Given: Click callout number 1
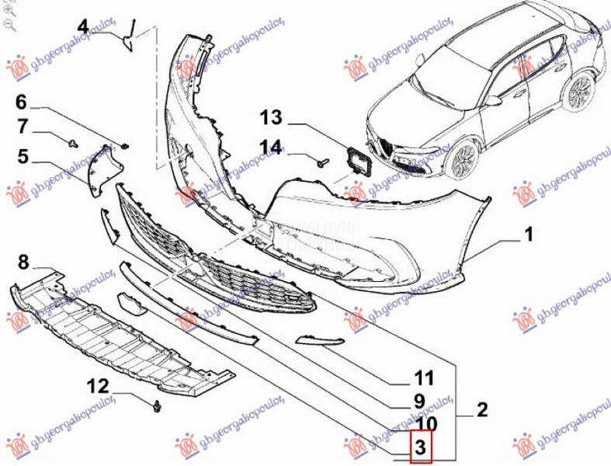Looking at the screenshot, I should pyautogui.click(x=527, y=232).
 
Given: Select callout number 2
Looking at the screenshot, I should pyautogui.click(x=481, y=409).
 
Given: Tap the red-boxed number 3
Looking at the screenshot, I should pyautogui.click(x=419, y=447).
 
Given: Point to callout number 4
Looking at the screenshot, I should pyautogui.click(x=83, y=26).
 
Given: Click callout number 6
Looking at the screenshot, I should pyautogui.click(x=21, y=102).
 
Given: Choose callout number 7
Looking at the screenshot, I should pyautogui.click(x=23, y=126).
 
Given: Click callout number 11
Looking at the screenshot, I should pyautogui.click(x=423, y=379).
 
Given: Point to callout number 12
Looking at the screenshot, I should pyautogui.click(x=99, y=385).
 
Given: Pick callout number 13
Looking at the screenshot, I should pyautogui.click(x=271, y=118).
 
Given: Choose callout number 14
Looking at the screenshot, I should pyautogui.click(x=271, y=145).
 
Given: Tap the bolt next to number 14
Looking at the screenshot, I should pyautogui.click(x=323, y=161).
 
